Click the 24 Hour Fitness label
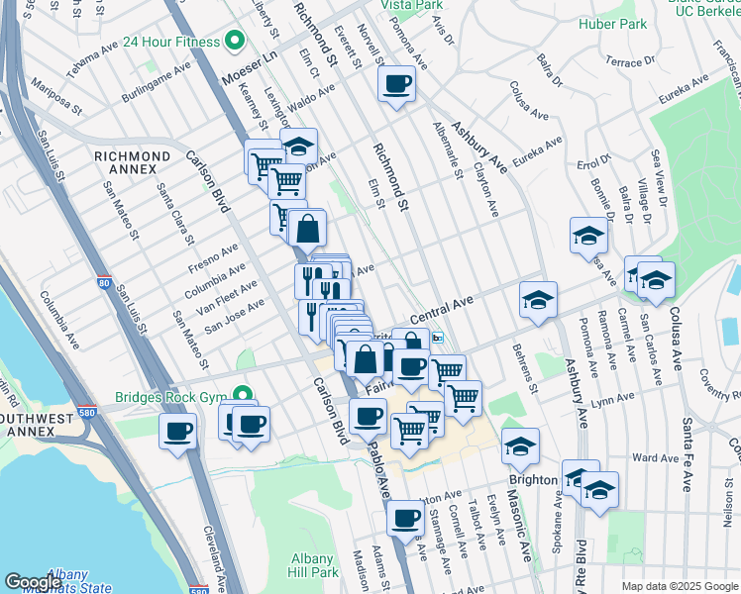170,42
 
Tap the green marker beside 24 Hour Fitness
235,42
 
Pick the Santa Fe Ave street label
686,453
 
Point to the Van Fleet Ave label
228,294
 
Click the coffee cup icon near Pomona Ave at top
396,83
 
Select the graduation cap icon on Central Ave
538,300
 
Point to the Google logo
32,582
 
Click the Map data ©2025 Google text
679,586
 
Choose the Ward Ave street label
655,458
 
